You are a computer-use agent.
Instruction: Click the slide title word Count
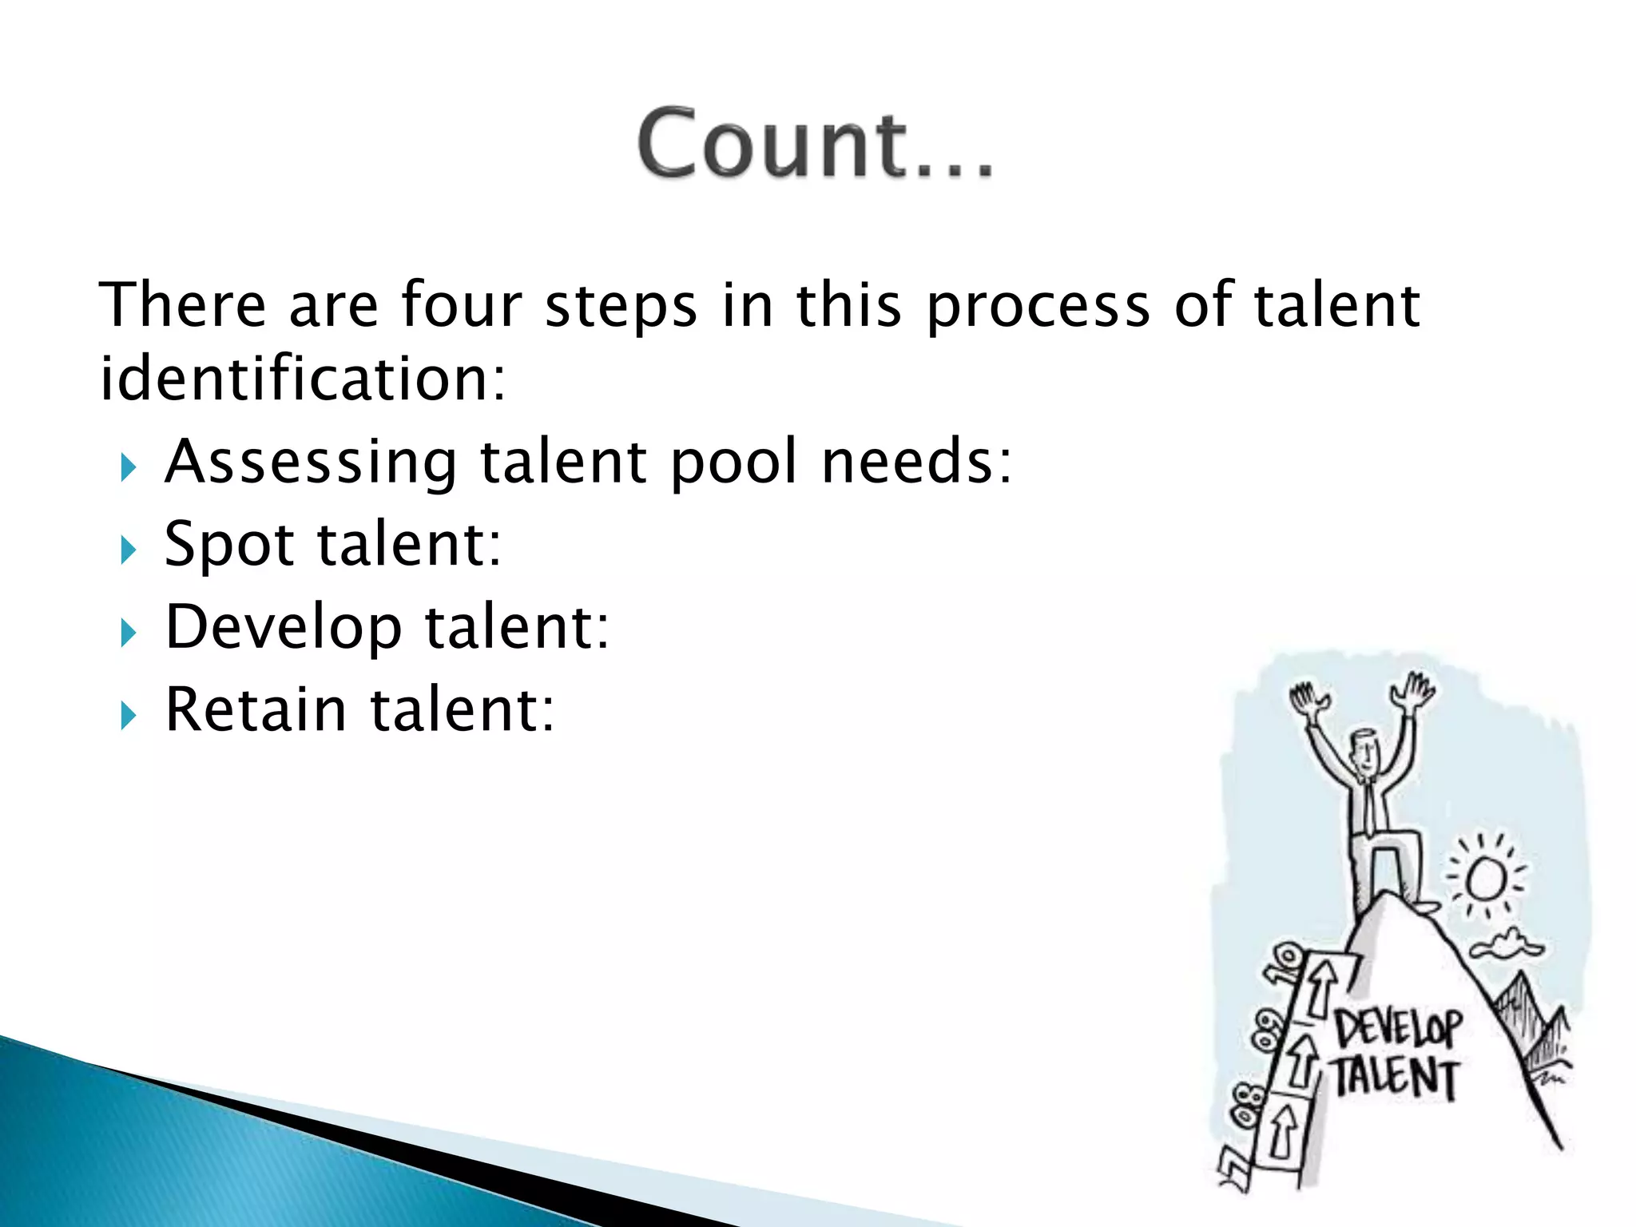(815, 144)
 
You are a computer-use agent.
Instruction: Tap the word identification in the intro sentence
(302, 379)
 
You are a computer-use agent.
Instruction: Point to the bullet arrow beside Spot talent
(128, 550)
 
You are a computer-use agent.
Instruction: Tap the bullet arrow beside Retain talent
(128, 716)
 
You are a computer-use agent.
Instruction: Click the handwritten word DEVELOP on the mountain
(1398, 1028)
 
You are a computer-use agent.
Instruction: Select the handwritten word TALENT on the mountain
(1395, 1078)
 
